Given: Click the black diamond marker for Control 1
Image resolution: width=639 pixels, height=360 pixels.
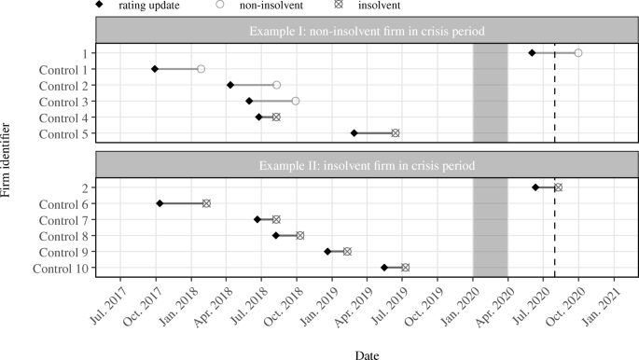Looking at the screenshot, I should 155,69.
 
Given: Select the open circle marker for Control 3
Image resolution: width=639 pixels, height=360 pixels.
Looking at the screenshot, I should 296,101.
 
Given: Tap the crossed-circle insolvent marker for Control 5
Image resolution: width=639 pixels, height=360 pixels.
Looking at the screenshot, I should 396,133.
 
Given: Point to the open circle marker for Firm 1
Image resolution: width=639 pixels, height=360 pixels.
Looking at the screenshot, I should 578,53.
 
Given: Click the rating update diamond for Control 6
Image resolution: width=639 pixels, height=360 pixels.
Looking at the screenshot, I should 160,203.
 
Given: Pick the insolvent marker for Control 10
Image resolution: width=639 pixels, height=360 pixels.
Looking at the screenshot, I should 405,268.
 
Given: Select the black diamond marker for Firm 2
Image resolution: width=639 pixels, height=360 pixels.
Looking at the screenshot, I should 535,187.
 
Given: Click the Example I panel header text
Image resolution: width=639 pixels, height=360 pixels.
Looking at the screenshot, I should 372,31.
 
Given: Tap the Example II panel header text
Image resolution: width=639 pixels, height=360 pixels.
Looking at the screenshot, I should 372,165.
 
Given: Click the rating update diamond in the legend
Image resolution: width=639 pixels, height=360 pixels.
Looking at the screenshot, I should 99,6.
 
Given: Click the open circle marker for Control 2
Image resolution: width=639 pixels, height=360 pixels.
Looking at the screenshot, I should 277,85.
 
